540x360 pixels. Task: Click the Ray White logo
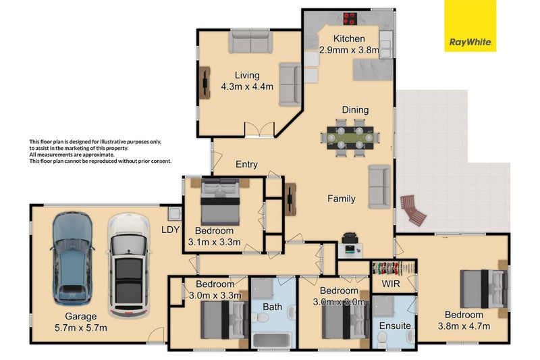(470, 26)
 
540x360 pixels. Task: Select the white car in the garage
(126, 265)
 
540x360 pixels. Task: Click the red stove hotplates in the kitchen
(350, 19)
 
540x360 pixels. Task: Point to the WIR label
(391, 284)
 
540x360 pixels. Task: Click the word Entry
(246, 165)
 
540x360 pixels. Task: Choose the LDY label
(171, 230)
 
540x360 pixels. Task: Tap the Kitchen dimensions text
(350, 49)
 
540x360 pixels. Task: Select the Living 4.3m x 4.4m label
(246, 81)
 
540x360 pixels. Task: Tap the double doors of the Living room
(260, 129)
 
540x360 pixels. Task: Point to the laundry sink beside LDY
(174, 215)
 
